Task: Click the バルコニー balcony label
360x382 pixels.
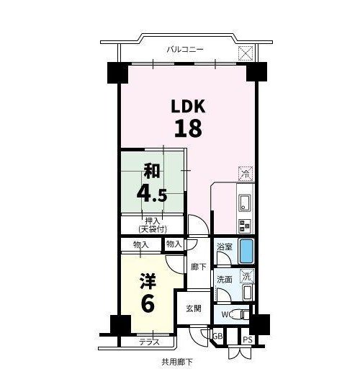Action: point(185,50)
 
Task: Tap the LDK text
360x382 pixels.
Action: point(188,107)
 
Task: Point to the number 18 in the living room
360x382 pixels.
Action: point(188,128)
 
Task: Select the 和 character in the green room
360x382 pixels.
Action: point(152,171)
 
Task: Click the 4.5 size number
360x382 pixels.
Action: point(152,194)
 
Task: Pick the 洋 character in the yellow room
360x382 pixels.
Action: point(148,281)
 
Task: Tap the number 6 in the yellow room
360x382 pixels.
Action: point(148,303)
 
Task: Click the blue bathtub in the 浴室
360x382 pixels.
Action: point(246,251)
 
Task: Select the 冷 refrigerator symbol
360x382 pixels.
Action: point(246,174)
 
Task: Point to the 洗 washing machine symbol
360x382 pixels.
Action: point(247,276)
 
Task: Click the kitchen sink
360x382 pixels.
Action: point(245,203)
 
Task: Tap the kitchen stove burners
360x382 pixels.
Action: point(245,226)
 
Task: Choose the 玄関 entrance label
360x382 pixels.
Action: point(194,308)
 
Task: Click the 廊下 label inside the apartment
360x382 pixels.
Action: point(199,267)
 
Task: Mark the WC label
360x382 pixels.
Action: point(228,314)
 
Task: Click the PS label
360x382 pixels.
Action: point(248,339)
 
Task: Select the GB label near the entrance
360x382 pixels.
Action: point(217,337)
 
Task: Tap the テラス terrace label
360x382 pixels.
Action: point(149,342)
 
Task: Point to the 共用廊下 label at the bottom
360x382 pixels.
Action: point(177,362)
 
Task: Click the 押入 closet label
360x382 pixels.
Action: point(153,221)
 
